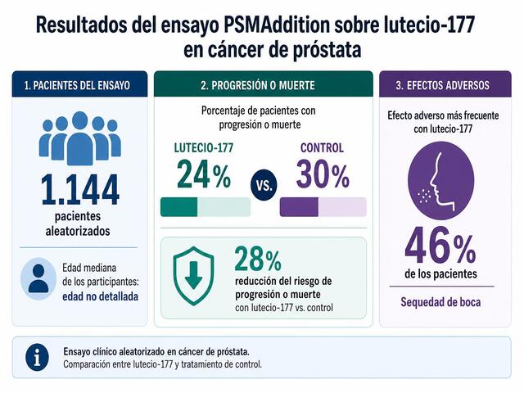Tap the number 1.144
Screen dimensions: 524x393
pyautogui.click(x=80, y=189)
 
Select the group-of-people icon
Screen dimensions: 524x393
pyautogui.click(x=80, y=138)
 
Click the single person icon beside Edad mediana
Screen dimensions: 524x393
pyautogui.click(x=38, y=278)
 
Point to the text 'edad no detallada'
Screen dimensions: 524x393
pyautogui.click(x=100, y=296)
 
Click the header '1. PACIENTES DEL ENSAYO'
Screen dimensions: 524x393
pyautogui.click(x=77, y=85)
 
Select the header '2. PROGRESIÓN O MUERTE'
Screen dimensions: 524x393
pyautogui.click(x=258, y=85)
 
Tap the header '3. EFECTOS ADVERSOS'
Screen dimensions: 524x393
pyautogui.click(x=442, y=85)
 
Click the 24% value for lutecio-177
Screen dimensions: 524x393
pyautogui.click(x=204, y=174)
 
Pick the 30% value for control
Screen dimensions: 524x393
pyautogui.click(x=323, y=174)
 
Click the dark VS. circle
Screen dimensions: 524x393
pyautogui.click(x=264, y=185)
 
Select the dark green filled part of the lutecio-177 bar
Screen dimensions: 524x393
pyautogui.click(x=178, y=207)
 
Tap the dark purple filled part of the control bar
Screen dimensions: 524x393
pyautogui.click(x=299, y=207)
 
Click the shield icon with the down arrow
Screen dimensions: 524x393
pyautogui.click(x=193, y=275)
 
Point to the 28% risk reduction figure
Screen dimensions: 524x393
pyautogui.click(x=258, y=259)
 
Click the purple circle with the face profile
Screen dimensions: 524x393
pyautogui.click(x=440, y=181)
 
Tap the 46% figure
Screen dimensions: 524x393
pyautogui.click(x=440, y=246)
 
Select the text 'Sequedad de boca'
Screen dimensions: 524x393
pyautogui.click(x=440, y=302)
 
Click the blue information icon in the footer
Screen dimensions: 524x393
pyautogui.click(x=37, y=357)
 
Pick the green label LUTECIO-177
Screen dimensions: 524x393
pyautogui.click(x=204, y=147)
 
